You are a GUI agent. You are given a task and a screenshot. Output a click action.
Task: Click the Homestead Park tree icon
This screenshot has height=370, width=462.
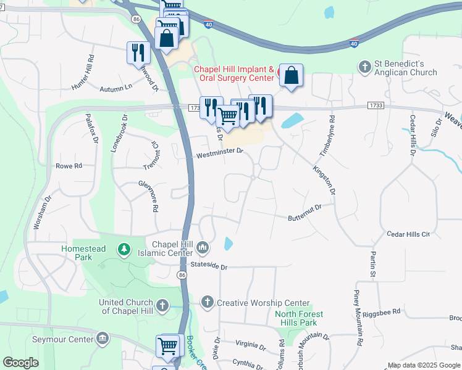tap(125, 249)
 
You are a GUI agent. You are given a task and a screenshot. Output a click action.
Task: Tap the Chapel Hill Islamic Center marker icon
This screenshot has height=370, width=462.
tap(203, 249)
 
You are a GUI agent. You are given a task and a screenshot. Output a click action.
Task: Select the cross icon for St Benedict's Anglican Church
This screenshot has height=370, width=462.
tap(365, 65)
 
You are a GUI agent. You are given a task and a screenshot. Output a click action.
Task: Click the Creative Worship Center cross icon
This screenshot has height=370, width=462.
tap(207, 302)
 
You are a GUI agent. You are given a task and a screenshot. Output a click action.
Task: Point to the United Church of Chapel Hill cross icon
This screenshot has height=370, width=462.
tap(162, 305)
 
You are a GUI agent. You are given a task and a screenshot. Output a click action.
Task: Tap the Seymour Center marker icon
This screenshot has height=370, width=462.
tap(103, 338)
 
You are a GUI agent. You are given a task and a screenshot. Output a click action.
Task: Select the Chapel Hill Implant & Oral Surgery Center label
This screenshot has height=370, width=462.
tap(234, 74)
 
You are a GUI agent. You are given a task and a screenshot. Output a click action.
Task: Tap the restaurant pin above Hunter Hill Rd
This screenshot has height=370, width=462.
tap(138, 52)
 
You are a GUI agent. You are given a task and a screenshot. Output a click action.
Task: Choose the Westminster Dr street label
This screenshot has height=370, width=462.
tap(220, 152)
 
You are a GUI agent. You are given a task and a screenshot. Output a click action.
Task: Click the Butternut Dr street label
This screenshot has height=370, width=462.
tap(305, 213)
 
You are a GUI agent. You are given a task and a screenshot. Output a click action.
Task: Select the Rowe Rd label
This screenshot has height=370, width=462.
tap(69, 166)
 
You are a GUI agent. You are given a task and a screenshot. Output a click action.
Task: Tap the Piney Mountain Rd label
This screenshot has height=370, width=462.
tap(358, 317)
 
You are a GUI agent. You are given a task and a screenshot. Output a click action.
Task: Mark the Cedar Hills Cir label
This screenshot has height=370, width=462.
tap(408, 234)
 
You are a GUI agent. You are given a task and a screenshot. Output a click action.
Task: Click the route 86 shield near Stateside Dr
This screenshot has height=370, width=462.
tap(181, 274)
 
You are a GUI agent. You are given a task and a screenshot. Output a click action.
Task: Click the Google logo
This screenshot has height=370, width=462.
tap(21, 363)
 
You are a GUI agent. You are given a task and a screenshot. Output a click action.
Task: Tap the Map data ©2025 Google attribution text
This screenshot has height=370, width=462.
tap(422, 365)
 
